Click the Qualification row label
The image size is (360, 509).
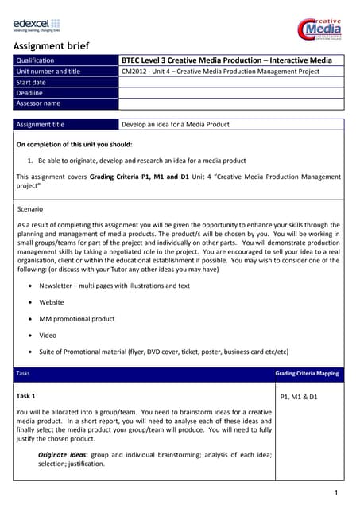click(x=36, y=60)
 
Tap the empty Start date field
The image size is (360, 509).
click(x=230, y=82)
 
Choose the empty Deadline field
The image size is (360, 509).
click(x=230, y=92)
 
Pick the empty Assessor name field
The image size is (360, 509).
click(x=230, y=103)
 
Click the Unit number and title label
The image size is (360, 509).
click(x=48, y=72)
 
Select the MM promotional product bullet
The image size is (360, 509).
click(x=77, y=319)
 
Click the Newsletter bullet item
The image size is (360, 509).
click(x=114, y=286)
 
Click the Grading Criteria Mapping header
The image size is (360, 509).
click(x=307, y=373)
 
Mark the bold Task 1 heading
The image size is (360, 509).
click(x=26, y=395)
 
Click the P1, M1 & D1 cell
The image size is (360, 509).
click(x=299, y=396)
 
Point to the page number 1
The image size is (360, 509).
click(x=337, y=494)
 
